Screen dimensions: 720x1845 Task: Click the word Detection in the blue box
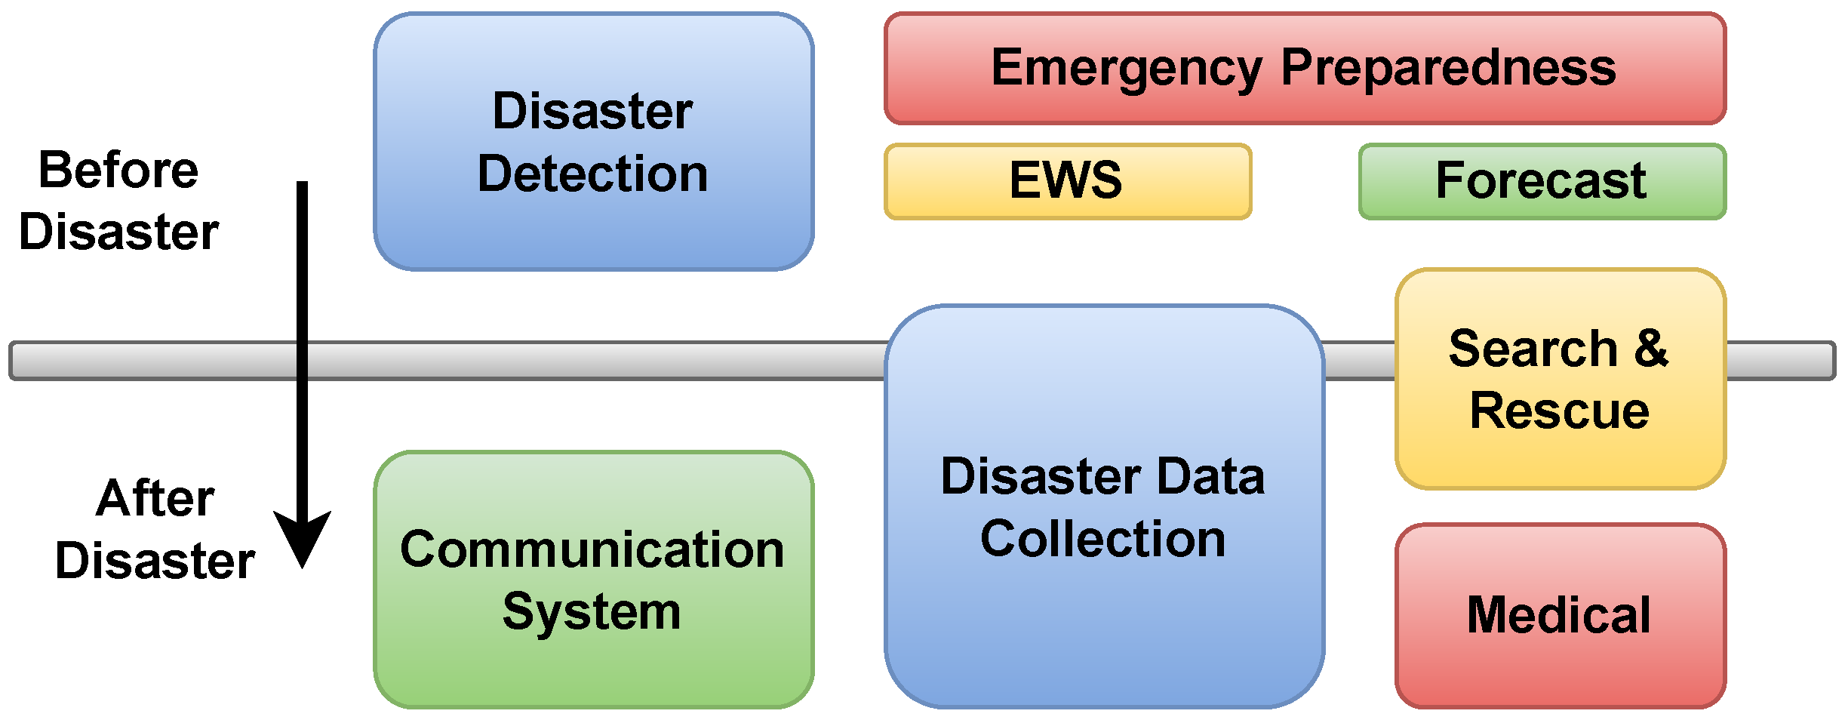tap(592, 174)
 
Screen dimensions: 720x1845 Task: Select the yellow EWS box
tap(1067, 181)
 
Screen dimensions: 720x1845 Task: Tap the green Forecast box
tap(1542, 181)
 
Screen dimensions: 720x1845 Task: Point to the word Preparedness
tap(1448, 68)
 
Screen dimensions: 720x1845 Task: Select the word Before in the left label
tap(118, 171)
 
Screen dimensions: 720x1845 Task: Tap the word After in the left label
tap(155, 499)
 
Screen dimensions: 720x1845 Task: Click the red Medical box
tap(1560, 615)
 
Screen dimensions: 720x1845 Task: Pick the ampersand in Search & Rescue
tap(1652, 349)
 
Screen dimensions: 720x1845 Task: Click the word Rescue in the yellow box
tap(1559, 411)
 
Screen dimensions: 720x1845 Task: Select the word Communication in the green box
tap(592, 549)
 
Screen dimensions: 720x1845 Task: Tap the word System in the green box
tap(592, 612)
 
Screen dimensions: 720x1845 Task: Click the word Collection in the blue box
tap(1102, 540)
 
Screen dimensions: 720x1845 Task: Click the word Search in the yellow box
tap(1533, 349)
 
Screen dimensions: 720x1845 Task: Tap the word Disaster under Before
tap(118, 232)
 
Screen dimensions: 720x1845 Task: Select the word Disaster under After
tap(155, 562)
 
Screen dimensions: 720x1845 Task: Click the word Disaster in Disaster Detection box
tap(592, 112)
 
